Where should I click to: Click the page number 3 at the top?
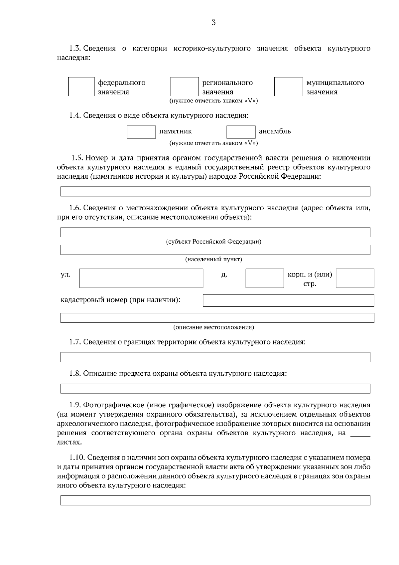click(213, 23)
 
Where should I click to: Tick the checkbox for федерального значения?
click(81, 87)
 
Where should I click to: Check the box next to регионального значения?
click(184, 87)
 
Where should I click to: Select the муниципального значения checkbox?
click(288, 87)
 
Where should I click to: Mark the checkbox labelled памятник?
click(141, 132)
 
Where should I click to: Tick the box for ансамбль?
click(241, 132)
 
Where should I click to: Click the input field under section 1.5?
click(215, 191)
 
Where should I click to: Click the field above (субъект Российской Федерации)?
click(215, 232)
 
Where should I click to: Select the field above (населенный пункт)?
click(215, 250)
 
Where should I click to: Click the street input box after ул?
click(141, 278)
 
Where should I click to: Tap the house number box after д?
click(265, 278)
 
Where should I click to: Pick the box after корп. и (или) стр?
click(355, 278)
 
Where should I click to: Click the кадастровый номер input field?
click(288, 300)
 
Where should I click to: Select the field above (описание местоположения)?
click(217, 318)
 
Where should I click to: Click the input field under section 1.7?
click(215, 357)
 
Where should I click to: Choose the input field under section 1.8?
click(215, 388)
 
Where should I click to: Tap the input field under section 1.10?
click(215, 500)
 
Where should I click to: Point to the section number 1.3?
click(75, 49)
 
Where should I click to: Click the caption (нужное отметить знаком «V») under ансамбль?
click(213, 143)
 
